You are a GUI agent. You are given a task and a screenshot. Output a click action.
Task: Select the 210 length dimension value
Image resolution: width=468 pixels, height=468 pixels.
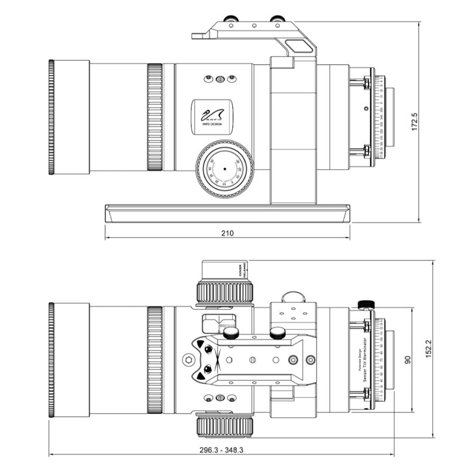pos(227,233)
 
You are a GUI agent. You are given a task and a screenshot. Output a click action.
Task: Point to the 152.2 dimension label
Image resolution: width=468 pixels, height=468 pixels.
pos(428,349)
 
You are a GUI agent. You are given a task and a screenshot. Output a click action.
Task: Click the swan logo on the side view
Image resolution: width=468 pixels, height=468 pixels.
pos(212,113)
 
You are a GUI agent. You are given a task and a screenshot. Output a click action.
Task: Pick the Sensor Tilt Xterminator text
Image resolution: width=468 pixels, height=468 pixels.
pos(363,360)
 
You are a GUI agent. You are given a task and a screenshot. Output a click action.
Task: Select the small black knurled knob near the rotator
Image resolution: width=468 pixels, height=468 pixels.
pos(366,304)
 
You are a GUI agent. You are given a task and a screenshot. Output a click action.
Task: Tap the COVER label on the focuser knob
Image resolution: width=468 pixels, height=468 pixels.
pos(240,271)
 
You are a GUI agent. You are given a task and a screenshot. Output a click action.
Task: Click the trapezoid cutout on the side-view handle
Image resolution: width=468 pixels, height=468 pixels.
pos(297,44)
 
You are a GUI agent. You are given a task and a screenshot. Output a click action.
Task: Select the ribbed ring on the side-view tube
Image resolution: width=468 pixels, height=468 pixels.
pos(154,118)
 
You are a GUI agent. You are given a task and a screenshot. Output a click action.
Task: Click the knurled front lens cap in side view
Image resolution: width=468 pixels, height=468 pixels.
pos(51,118)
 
